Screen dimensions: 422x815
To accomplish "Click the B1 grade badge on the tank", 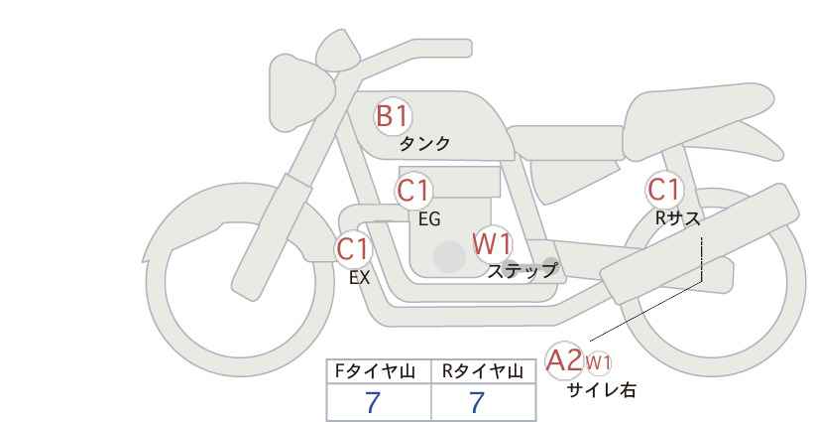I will (392, 116).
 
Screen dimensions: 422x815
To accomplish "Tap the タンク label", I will (424, 144).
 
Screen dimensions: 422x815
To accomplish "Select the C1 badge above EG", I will (413, 192).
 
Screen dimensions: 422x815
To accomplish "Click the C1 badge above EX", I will (353, 248).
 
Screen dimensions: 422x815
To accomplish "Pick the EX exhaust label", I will (359, 278).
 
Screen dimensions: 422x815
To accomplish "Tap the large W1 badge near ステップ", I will (491, 242).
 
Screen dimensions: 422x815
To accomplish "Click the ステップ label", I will (522, 270).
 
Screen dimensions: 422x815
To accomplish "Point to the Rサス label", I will (677, 220).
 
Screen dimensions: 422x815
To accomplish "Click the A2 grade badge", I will (564, 359).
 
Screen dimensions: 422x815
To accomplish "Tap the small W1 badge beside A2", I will (598, 361).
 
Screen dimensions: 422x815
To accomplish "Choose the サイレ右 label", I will (601, 391).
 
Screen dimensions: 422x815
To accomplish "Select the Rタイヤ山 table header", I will (482, 371).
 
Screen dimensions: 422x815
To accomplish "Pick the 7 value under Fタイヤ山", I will (373, 403).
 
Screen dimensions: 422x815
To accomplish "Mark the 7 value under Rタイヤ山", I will (477, 403).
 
